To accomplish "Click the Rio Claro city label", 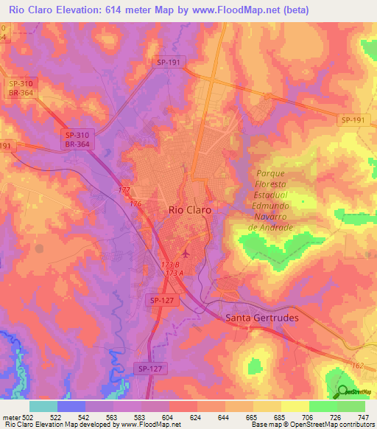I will tap(190, 210).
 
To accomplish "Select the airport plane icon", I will tap(184, 254).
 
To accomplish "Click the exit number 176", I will tap(135, 203).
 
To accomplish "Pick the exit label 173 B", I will tap(171, 264).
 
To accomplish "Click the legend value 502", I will tap(29, 417).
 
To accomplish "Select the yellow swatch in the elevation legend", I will tap(295, 406).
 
